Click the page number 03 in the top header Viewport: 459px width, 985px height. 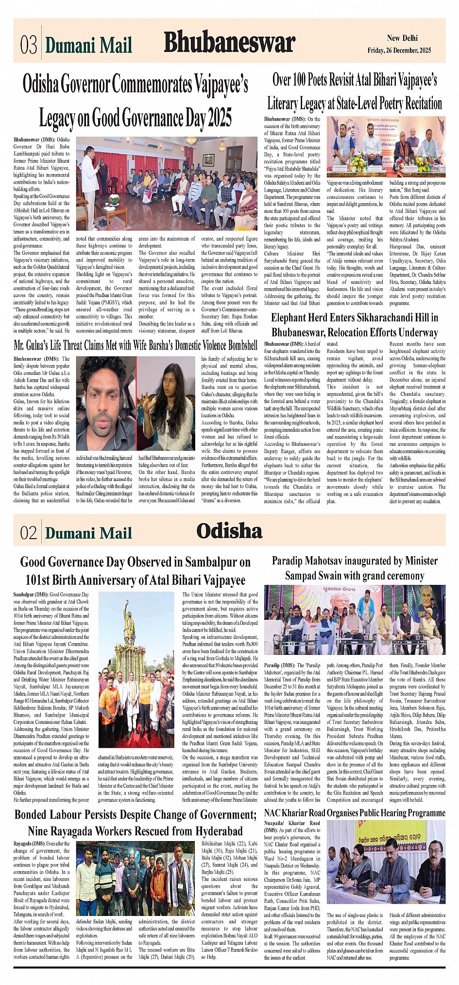point(29,45)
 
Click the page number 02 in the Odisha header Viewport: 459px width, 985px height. point(29,533)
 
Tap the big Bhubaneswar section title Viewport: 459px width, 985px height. point(229,43)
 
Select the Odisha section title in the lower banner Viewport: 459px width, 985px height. point(229,530)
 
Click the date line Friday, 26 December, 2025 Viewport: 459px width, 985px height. point(399,51)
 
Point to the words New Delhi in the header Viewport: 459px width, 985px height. point(402,38)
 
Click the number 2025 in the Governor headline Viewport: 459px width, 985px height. point(219,117)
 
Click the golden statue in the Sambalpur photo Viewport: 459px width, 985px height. point(128,617)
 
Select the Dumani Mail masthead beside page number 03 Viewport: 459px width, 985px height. point(88,46)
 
